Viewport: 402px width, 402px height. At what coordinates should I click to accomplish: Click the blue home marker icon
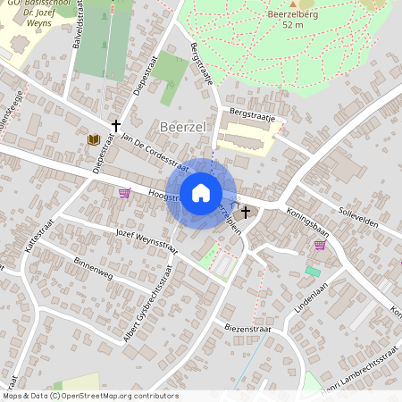pos(201,193)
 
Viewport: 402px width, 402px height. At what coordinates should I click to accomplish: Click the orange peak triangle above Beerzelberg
pos(293,3)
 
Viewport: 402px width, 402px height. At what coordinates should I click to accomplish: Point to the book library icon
pos(93,139)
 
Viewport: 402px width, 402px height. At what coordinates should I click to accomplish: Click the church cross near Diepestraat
pos(115,126)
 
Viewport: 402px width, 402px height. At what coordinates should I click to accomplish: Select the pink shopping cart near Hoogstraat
pos(123,192)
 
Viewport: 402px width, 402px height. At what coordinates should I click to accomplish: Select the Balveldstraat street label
pos(78,24)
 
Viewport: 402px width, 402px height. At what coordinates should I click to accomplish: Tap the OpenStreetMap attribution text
pos(89,396)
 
